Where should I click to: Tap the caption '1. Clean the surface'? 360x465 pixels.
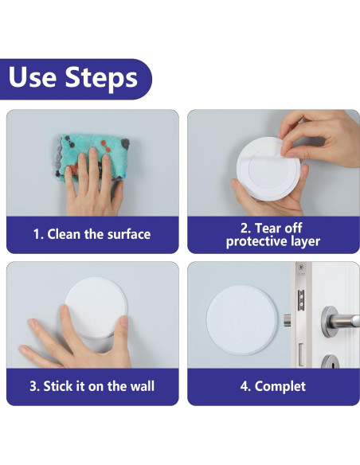(x=92, y=234)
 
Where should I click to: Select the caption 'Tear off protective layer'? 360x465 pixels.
(x=272, y=234)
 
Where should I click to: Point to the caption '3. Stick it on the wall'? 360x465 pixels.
(x=92, y=386)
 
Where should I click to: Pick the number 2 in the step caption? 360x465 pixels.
(x=245, y=227)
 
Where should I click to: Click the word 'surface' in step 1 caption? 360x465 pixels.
(x=127, y=234)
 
